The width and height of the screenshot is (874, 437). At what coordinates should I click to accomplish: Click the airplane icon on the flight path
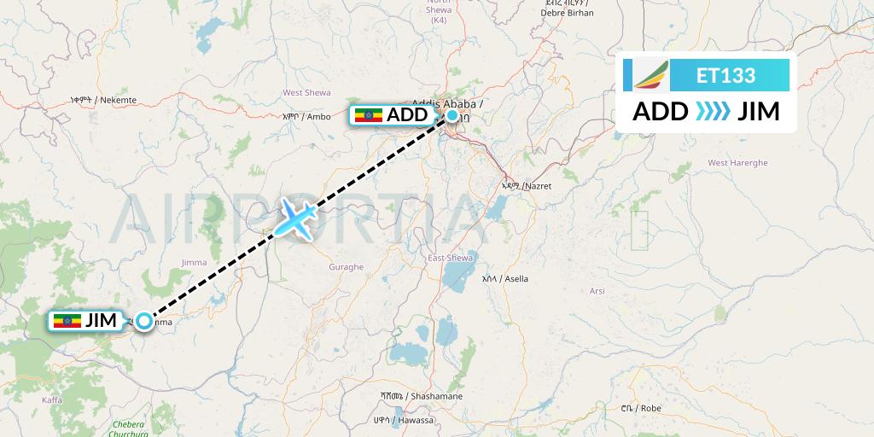coord(295,218)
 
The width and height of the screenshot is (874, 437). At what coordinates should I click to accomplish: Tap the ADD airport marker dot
coord(452,114)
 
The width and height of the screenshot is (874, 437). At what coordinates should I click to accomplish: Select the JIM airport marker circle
coord(143,321)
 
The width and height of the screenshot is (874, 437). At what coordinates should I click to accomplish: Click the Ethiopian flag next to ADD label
coord(369,115)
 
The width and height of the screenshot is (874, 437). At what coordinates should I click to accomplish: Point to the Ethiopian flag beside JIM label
coord(68,321)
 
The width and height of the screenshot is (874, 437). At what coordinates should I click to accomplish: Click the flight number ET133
coord(725,75)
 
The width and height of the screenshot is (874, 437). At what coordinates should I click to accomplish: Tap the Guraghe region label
coord(346,267)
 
